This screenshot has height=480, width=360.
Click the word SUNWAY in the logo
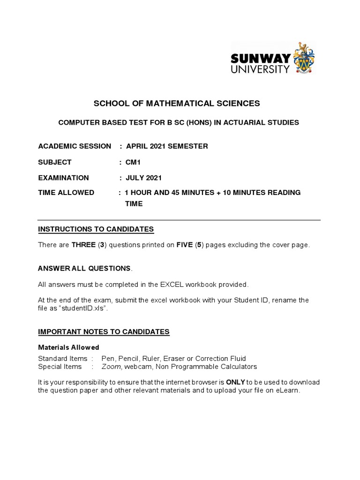point(261,59)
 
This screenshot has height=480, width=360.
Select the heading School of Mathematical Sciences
point(177,103)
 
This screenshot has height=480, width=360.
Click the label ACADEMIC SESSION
point(75,146)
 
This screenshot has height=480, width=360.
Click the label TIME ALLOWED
point(66,193)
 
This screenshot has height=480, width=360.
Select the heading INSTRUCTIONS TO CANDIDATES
point(96,229)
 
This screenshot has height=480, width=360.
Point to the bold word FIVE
point(185,245)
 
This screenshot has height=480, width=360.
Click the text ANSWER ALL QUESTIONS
point(84,269)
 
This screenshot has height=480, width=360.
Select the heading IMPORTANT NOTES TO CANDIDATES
point(104,332)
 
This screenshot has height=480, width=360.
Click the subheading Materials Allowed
point(68,347)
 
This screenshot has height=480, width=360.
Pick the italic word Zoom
point(111,367)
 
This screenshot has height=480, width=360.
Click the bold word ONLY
point(236,382)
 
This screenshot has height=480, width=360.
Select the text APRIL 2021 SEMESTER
point(167,146)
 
